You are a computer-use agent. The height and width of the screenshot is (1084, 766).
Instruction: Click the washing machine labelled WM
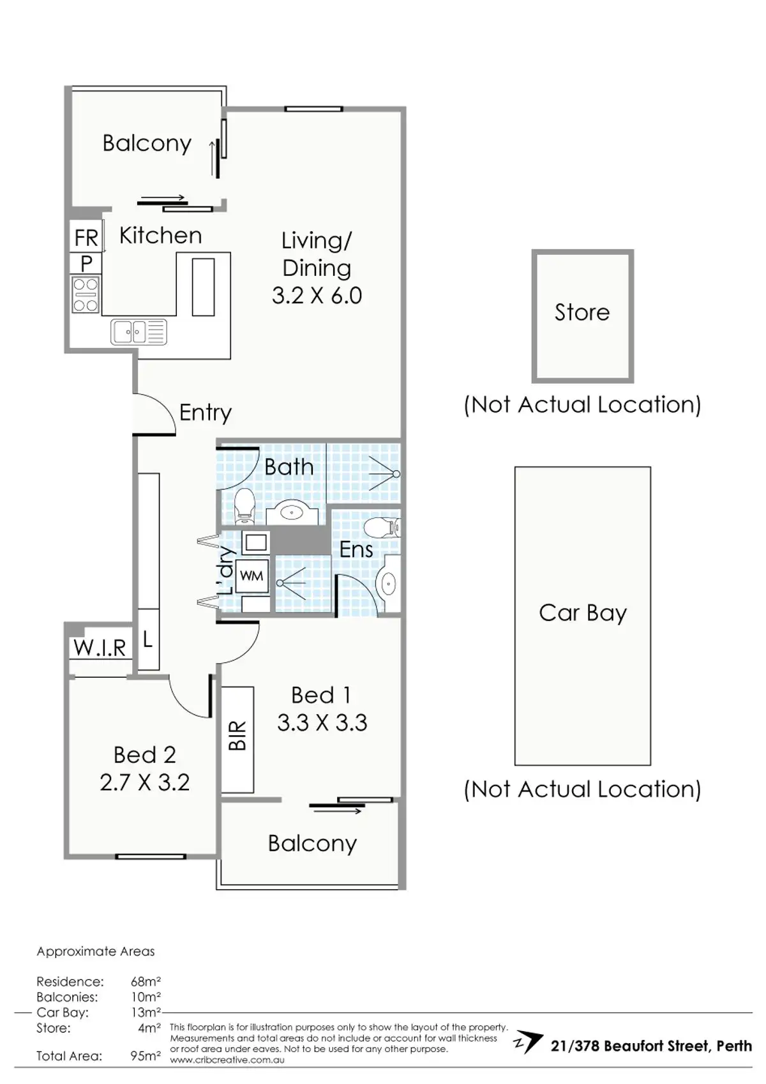[252, 576]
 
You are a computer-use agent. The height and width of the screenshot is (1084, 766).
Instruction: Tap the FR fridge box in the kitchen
[86, 238]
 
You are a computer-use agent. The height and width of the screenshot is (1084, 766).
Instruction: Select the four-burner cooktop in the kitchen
[86, 294]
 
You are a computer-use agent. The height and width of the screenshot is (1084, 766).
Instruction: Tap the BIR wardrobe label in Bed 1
[237, 736]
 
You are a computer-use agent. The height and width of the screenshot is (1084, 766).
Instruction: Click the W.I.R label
[100, 648]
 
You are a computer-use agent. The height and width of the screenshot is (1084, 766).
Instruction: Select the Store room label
[582, 312]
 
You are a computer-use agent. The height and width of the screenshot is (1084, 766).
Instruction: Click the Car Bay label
[582, 613]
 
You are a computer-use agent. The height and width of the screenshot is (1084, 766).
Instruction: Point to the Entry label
[205, 413]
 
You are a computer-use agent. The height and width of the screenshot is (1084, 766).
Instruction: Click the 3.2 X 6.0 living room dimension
[317, 296]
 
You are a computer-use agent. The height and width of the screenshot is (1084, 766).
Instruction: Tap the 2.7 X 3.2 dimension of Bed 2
[145, 782]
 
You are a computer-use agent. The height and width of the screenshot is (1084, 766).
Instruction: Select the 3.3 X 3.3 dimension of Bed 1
[322, 722]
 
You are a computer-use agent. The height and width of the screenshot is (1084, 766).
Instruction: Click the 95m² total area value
[146, 1056]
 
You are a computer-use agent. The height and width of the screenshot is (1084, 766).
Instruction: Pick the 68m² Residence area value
[146, 981]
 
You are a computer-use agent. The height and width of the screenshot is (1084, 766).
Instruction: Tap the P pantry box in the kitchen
[86, 263]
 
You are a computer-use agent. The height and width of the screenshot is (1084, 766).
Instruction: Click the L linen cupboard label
[147, 639]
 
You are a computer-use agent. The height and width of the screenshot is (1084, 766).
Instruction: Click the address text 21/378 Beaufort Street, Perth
[651, 1046]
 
